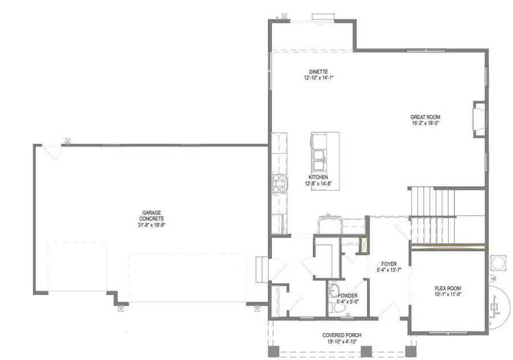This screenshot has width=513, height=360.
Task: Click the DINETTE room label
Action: pyautogui.click(x=317, y=72)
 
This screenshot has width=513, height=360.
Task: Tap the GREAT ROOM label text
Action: pyautogui.click(x=425, y=117)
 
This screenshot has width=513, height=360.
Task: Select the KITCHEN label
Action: pyautogui.click(x=317, y=178)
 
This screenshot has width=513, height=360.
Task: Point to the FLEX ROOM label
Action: pyautogui.click(x=447, y=288)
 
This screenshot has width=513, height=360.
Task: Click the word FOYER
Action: pyautogui.click(x=389, y=264)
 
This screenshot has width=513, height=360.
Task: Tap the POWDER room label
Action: pyautogui.click(x=347, y=296)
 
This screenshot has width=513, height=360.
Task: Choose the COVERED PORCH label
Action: pyautogui.click(x=342, y=335)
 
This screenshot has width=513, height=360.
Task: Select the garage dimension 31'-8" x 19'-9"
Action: pyautogui.click(x=152, y=224)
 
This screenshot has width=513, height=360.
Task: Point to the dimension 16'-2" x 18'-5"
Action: pyautogui.click(x=425, y=123)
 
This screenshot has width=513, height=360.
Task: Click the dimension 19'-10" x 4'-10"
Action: pyautogui.click(x=342, y=341)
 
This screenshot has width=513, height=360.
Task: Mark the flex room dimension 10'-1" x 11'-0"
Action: pyautogui.click(x=447, y=295)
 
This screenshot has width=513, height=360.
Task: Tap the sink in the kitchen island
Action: pyautogui.click(x=319, y=156)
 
